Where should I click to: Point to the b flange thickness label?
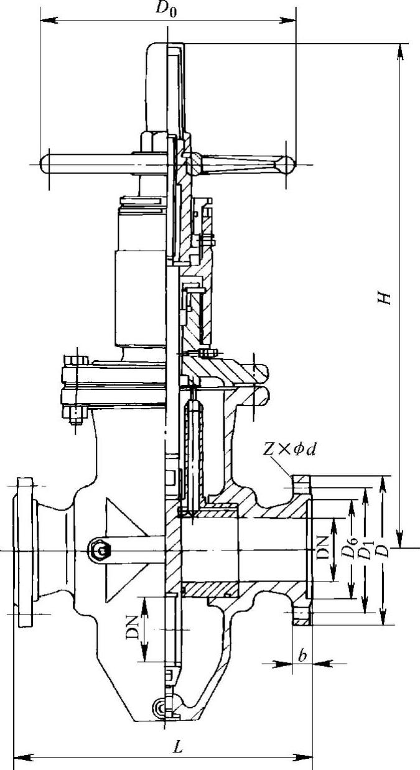(x=302, y=656)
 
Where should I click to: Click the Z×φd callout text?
(x=289, y=450)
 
